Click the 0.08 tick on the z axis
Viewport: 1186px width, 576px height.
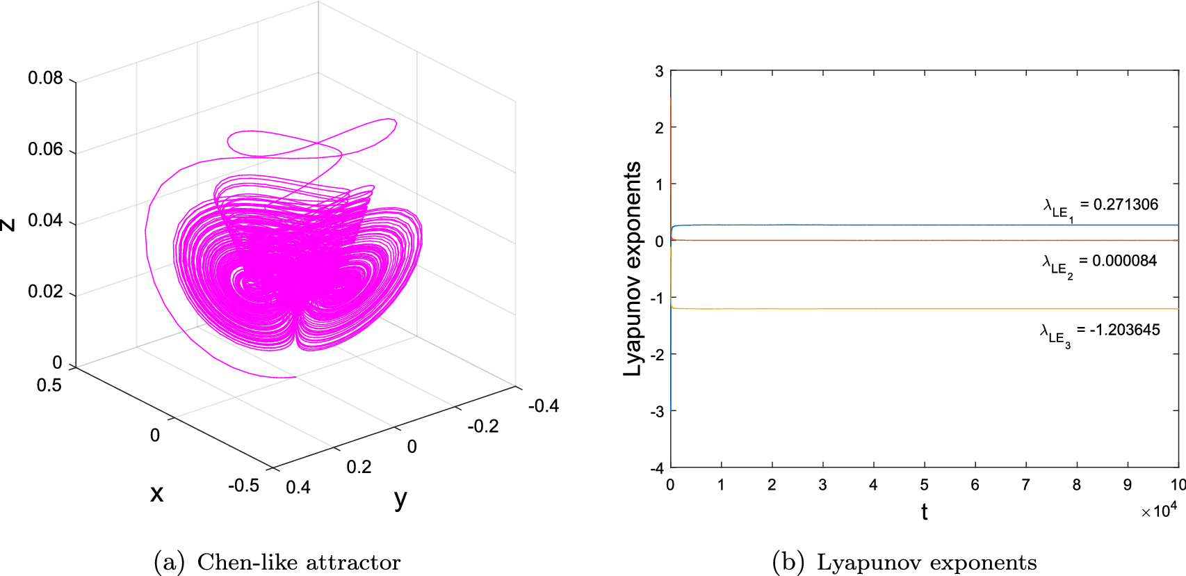pyautogui.click(x=45, y=78)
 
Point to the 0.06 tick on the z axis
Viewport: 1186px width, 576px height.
pyautogui.click(x=45, y=149)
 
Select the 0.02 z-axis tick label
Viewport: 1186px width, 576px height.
pyautogui.click(x=45, y=291)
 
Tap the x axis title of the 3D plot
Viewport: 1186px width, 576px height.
pyautogui.click(x=157, y=493)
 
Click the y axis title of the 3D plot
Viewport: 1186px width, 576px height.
pyautogui.click(x=400, y=499)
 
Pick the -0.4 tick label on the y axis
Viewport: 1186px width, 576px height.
pyautogui.click(x=543, y=406)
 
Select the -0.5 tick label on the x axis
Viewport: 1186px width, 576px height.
pyautogui.click(x=243, y=486)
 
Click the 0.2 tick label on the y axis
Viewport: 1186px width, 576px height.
pyautogui.click(x=359, y=467)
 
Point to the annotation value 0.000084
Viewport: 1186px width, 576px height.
pyautogui.click(x=1123, y=261)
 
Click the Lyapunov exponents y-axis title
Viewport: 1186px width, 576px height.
pyautogui.click(x=632, y=269)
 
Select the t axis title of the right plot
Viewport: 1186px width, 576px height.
pyautogui.click(x=924, y=512)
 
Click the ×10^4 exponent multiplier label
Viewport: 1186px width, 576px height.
pyautogui.click(x=1158, y=511)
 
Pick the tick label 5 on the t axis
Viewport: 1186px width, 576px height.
pyautogui.click(x=924, y=485)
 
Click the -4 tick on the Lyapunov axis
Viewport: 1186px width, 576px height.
pyautogui.click(x=657, y=468)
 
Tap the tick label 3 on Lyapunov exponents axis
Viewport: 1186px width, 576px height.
pyautogui.click(x=659, y=71)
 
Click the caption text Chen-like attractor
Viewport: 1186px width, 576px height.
pyautogui.click(x=299, y=562)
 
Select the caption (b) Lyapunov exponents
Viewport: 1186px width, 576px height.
pyautogui.click(x=904, y=562)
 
